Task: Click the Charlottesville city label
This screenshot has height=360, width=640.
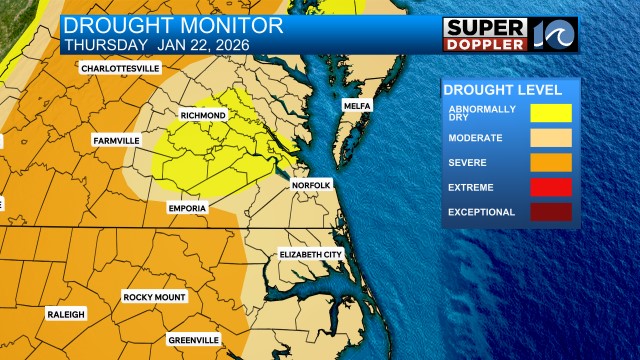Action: (x=121, y=68)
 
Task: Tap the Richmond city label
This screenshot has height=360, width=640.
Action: (x=203, y=116)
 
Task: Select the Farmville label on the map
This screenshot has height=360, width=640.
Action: (x=115, y=140)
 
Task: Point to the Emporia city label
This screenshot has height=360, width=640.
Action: (x=187, y=208)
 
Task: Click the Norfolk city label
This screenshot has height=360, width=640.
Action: (x=311, y=186)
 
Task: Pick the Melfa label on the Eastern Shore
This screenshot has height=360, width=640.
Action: (x=357, y=105)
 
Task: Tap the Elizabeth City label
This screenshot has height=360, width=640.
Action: (x=311, y=255)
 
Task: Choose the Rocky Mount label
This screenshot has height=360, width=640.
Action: (x=155, y=297)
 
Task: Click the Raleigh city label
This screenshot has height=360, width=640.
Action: (x=66, y=314)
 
